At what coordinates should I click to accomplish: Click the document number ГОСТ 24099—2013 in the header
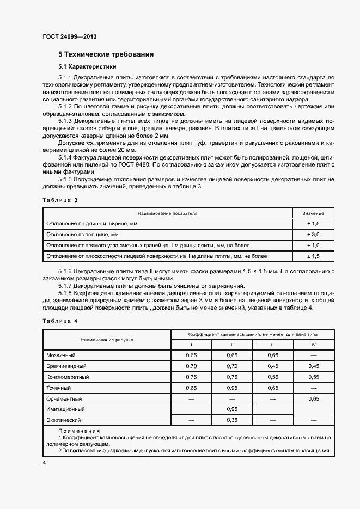[x=69, y=37]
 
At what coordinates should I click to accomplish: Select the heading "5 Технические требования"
[x=106, y=54]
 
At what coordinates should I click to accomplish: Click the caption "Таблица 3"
[x=60, y=200]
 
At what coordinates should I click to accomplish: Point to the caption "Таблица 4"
[x=60, y=321]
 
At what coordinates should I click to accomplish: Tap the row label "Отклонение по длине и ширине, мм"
[x=91, y=224]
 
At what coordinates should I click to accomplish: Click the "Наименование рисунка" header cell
[x=107, y=339]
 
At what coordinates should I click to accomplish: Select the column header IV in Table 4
[x=313, y=345]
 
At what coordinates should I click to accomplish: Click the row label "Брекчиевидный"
[x=68, y=366]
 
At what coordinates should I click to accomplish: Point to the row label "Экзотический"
[x=64, y=420]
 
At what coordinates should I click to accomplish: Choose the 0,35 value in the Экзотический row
[x=232, y=420]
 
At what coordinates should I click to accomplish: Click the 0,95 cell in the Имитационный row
[x=232, y=409]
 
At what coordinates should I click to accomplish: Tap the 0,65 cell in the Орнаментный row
[x=313, y=398]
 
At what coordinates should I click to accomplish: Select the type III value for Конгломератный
[x=272, y=377]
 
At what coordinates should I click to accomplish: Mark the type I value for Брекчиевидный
[x=191, y=366]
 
